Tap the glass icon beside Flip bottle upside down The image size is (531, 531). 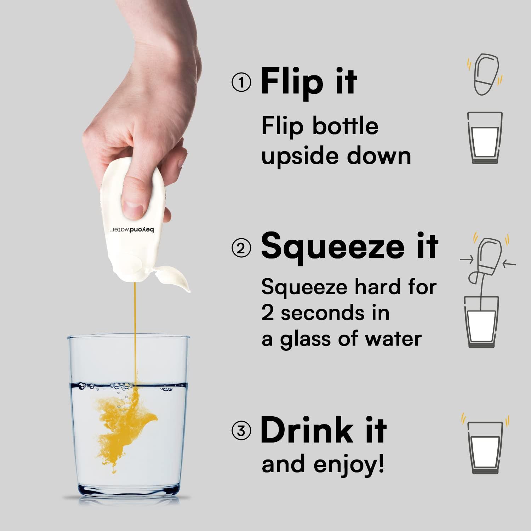[x=485, y=138]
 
